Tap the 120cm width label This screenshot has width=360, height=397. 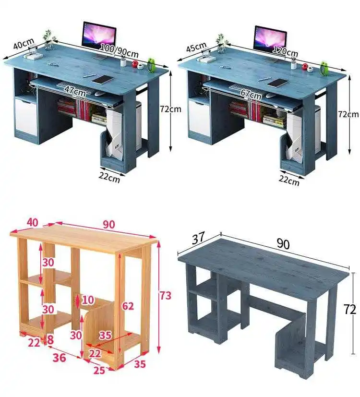point(285,51)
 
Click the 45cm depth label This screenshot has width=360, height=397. point(196,48)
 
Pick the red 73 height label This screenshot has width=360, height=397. point(165,296)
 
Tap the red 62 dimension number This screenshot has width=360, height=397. point(128,306)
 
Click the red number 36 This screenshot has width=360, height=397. point(59,358)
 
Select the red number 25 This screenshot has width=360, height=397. point(99,371)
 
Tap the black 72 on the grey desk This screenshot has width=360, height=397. point(349,309)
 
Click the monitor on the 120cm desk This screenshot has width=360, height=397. point(270,41)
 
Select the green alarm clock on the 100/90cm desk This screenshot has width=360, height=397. point(151,65)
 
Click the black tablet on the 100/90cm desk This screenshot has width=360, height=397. point(103,80)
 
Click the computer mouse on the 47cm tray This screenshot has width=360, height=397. point(100,94)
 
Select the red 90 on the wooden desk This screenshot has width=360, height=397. point(109,224)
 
